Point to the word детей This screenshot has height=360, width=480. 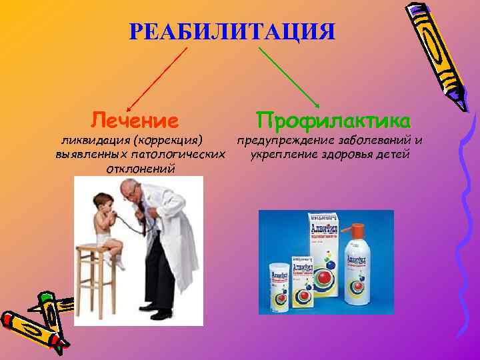(394, 155)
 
